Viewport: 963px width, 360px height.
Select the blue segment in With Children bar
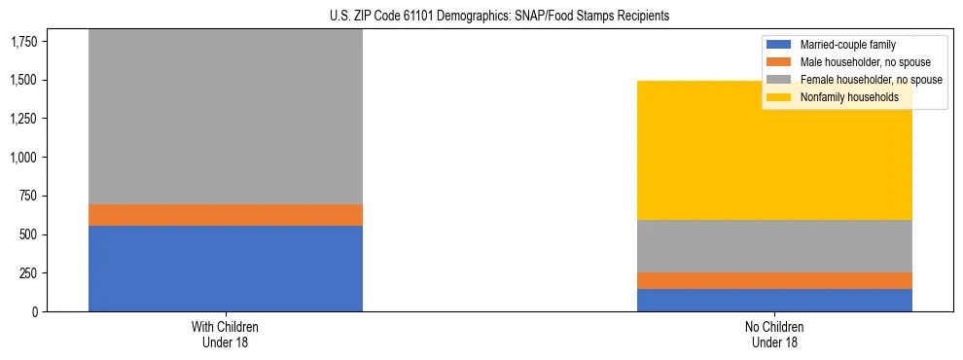(x=225, y=269)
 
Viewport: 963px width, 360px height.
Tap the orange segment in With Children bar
(x=225, y=215)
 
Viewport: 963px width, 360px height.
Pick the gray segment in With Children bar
(x=225, y=117)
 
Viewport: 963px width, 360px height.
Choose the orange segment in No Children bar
(x=774, y=280)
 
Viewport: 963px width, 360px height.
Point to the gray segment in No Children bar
(x=774, y=246)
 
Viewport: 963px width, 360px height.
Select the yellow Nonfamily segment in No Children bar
(x=774, y=151)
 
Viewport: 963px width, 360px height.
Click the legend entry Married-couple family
(x=847, y=45)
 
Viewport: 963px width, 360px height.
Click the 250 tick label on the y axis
(x=29, y=273)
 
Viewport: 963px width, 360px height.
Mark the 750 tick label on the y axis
(x=29, y=196)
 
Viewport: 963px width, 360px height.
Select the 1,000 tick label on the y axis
(x=25, y=158)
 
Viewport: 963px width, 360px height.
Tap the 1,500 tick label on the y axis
(x=25, y=80)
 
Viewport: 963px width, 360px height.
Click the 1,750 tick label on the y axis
(x=25, y=41)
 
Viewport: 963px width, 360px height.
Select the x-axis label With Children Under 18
(x=225, y=334)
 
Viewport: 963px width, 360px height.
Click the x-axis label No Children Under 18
(x=774, y=334)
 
